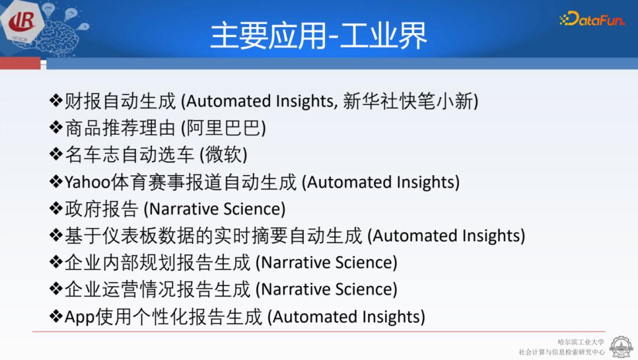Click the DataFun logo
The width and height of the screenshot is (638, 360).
tap(591, 19)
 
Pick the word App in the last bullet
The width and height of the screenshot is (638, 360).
tap(79, 317)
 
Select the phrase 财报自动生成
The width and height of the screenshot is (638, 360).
tap(121, 102)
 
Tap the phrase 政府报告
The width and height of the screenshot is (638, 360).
tap(102, 209)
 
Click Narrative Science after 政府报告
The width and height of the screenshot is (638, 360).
tap(215, 209)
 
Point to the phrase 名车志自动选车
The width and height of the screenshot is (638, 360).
tap(129, 155)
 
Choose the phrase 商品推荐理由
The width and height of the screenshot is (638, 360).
tap(121, 128)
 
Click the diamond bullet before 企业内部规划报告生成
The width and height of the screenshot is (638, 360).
tap(56, 262)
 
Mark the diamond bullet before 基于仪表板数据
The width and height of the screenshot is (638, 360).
tap(56, 236)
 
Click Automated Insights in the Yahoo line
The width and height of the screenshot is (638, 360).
tap(380, 182)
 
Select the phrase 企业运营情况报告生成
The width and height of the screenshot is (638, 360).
tap(158, 290)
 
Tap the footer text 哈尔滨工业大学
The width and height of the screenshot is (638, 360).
tap(581, 342)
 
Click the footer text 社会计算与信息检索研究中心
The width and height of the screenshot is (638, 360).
tap(562, 352)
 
